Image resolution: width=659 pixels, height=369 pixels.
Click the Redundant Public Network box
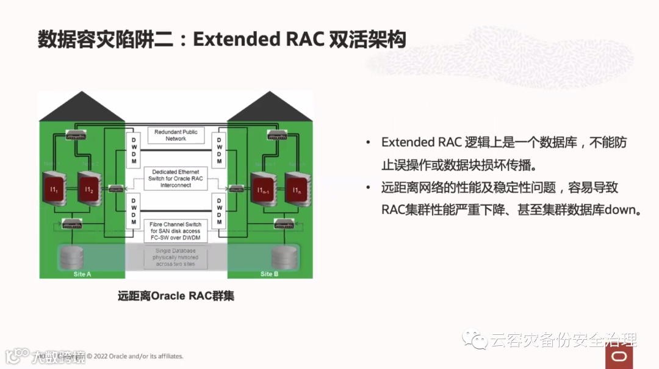point(176,135)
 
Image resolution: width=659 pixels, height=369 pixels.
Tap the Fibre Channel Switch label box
point(176,231)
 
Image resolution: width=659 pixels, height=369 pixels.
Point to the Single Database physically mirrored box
point(176,257)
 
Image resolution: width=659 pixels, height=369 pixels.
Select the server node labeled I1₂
point(89,190)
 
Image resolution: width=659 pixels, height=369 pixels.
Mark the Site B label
point(269,274)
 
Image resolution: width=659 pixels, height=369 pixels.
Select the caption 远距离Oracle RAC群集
point(176,296)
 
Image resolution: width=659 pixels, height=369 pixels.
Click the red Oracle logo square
point(619,356)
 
